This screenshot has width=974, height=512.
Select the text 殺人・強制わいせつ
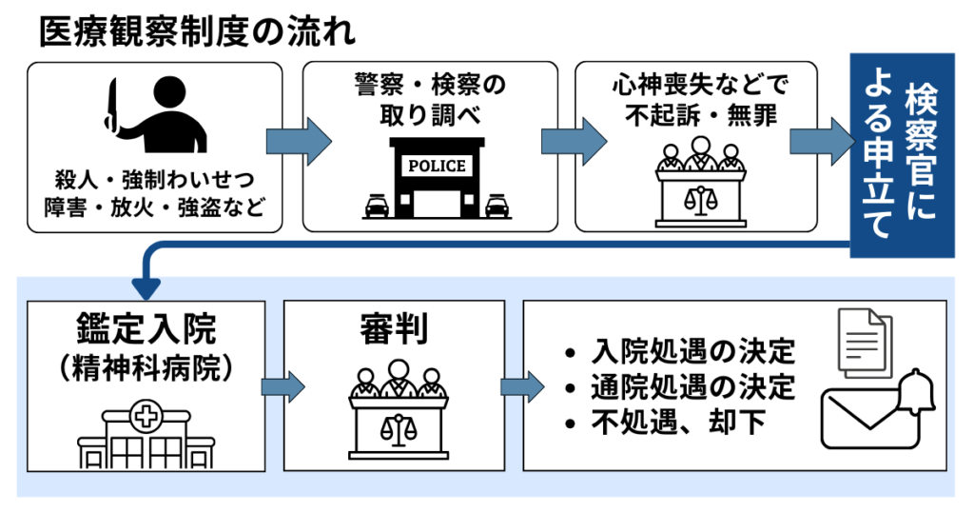[155, 180]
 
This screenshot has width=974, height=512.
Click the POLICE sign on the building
[437, 166]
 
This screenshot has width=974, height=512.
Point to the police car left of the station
[377, 206]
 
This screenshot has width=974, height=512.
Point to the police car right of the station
[497, 206]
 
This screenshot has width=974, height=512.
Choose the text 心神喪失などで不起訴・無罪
[700, 99]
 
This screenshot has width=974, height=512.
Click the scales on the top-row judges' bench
[700, 200]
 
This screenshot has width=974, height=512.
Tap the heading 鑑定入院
[146, 330]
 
